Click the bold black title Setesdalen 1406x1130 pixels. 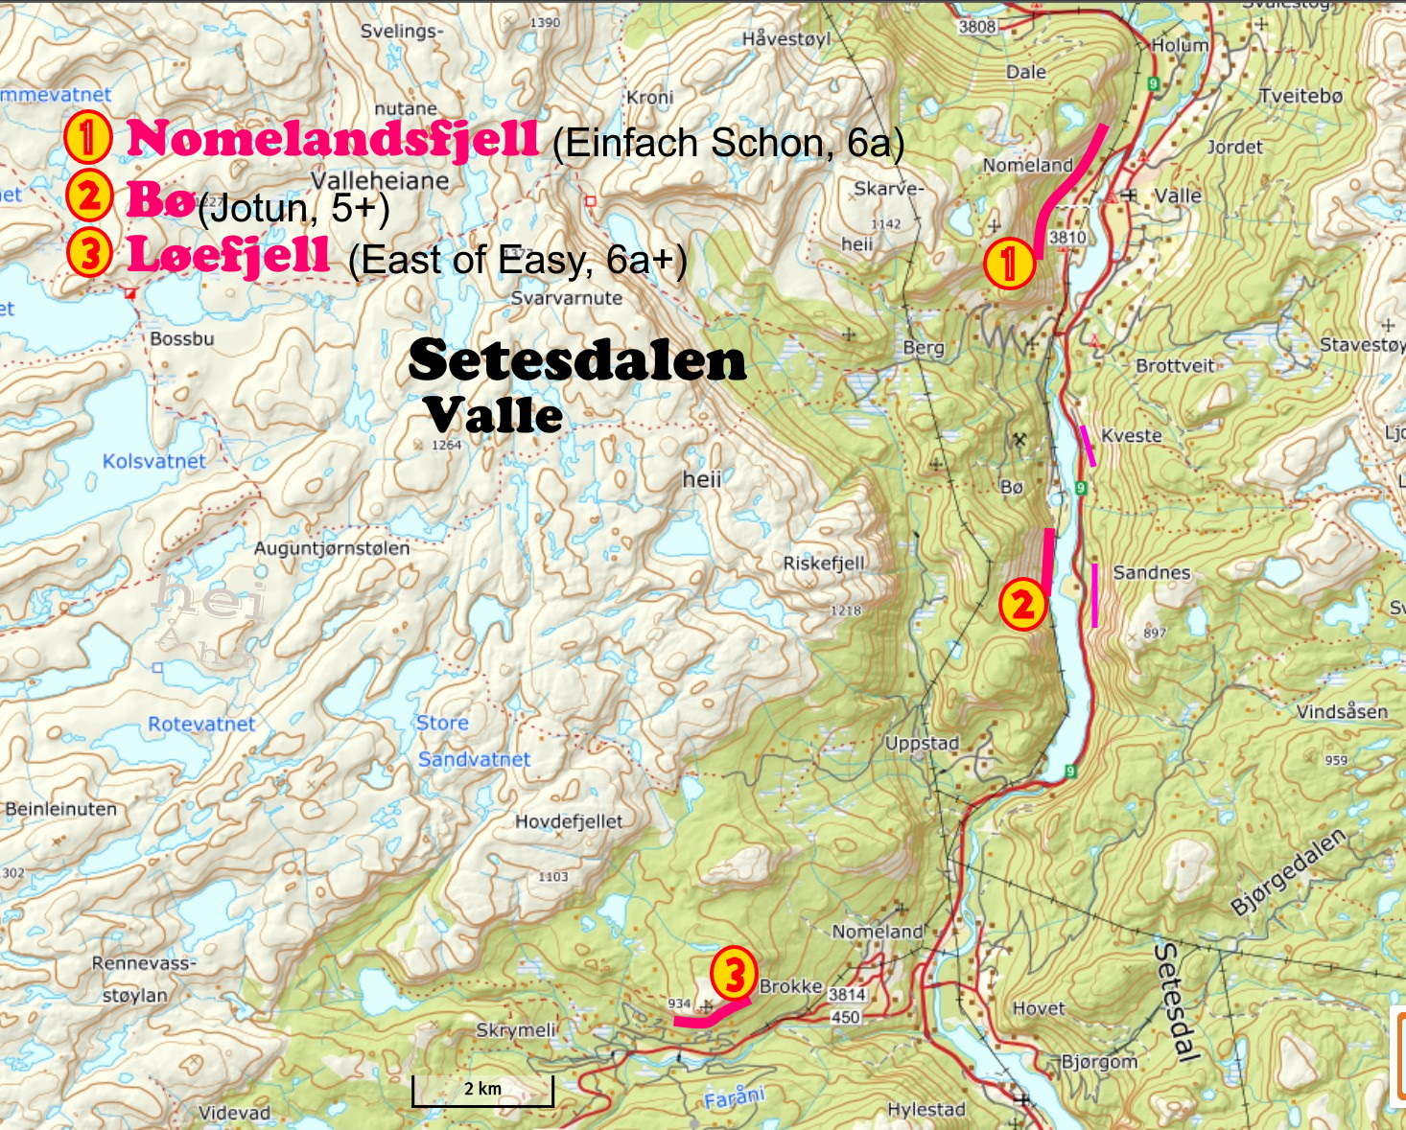576,361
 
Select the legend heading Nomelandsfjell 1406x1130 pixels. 332,138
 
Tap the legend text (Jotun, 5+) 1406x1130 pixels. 293,208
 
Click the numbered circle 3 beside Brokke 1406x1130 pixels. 734,974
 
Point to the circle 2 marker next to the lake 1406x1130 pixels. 1022,605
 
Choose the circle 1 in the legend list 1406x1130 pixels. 87,136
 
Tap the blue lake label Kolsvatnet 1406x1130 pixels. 153,461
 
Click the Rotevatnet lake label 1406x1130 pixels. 201,724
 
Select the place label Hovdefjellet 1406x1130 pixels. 569,821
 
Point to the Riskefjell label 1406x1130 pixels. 824,564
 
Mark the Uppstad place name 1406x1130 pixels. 922,743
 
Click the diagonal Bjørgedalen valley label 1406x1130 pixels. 1288,871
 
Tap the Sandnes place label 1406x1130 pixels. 1151,572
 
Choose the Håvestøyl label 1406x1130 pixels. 786,38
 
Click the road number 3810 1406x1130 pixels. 1067,238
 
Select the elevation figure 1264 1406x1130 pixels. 446,445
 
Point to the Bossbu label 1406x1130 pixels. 181,339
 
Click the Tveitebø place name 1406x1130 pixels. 1300,96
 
